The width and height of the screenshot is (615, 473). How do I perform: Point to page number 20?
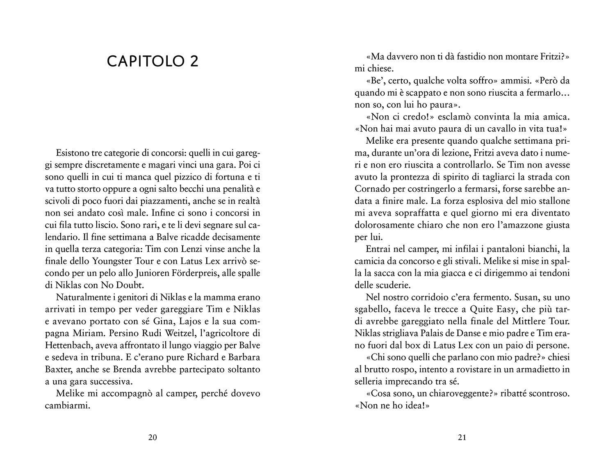tap(152, 437)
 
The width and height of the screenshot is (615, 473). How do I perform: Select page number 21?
tap(462, 437)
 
